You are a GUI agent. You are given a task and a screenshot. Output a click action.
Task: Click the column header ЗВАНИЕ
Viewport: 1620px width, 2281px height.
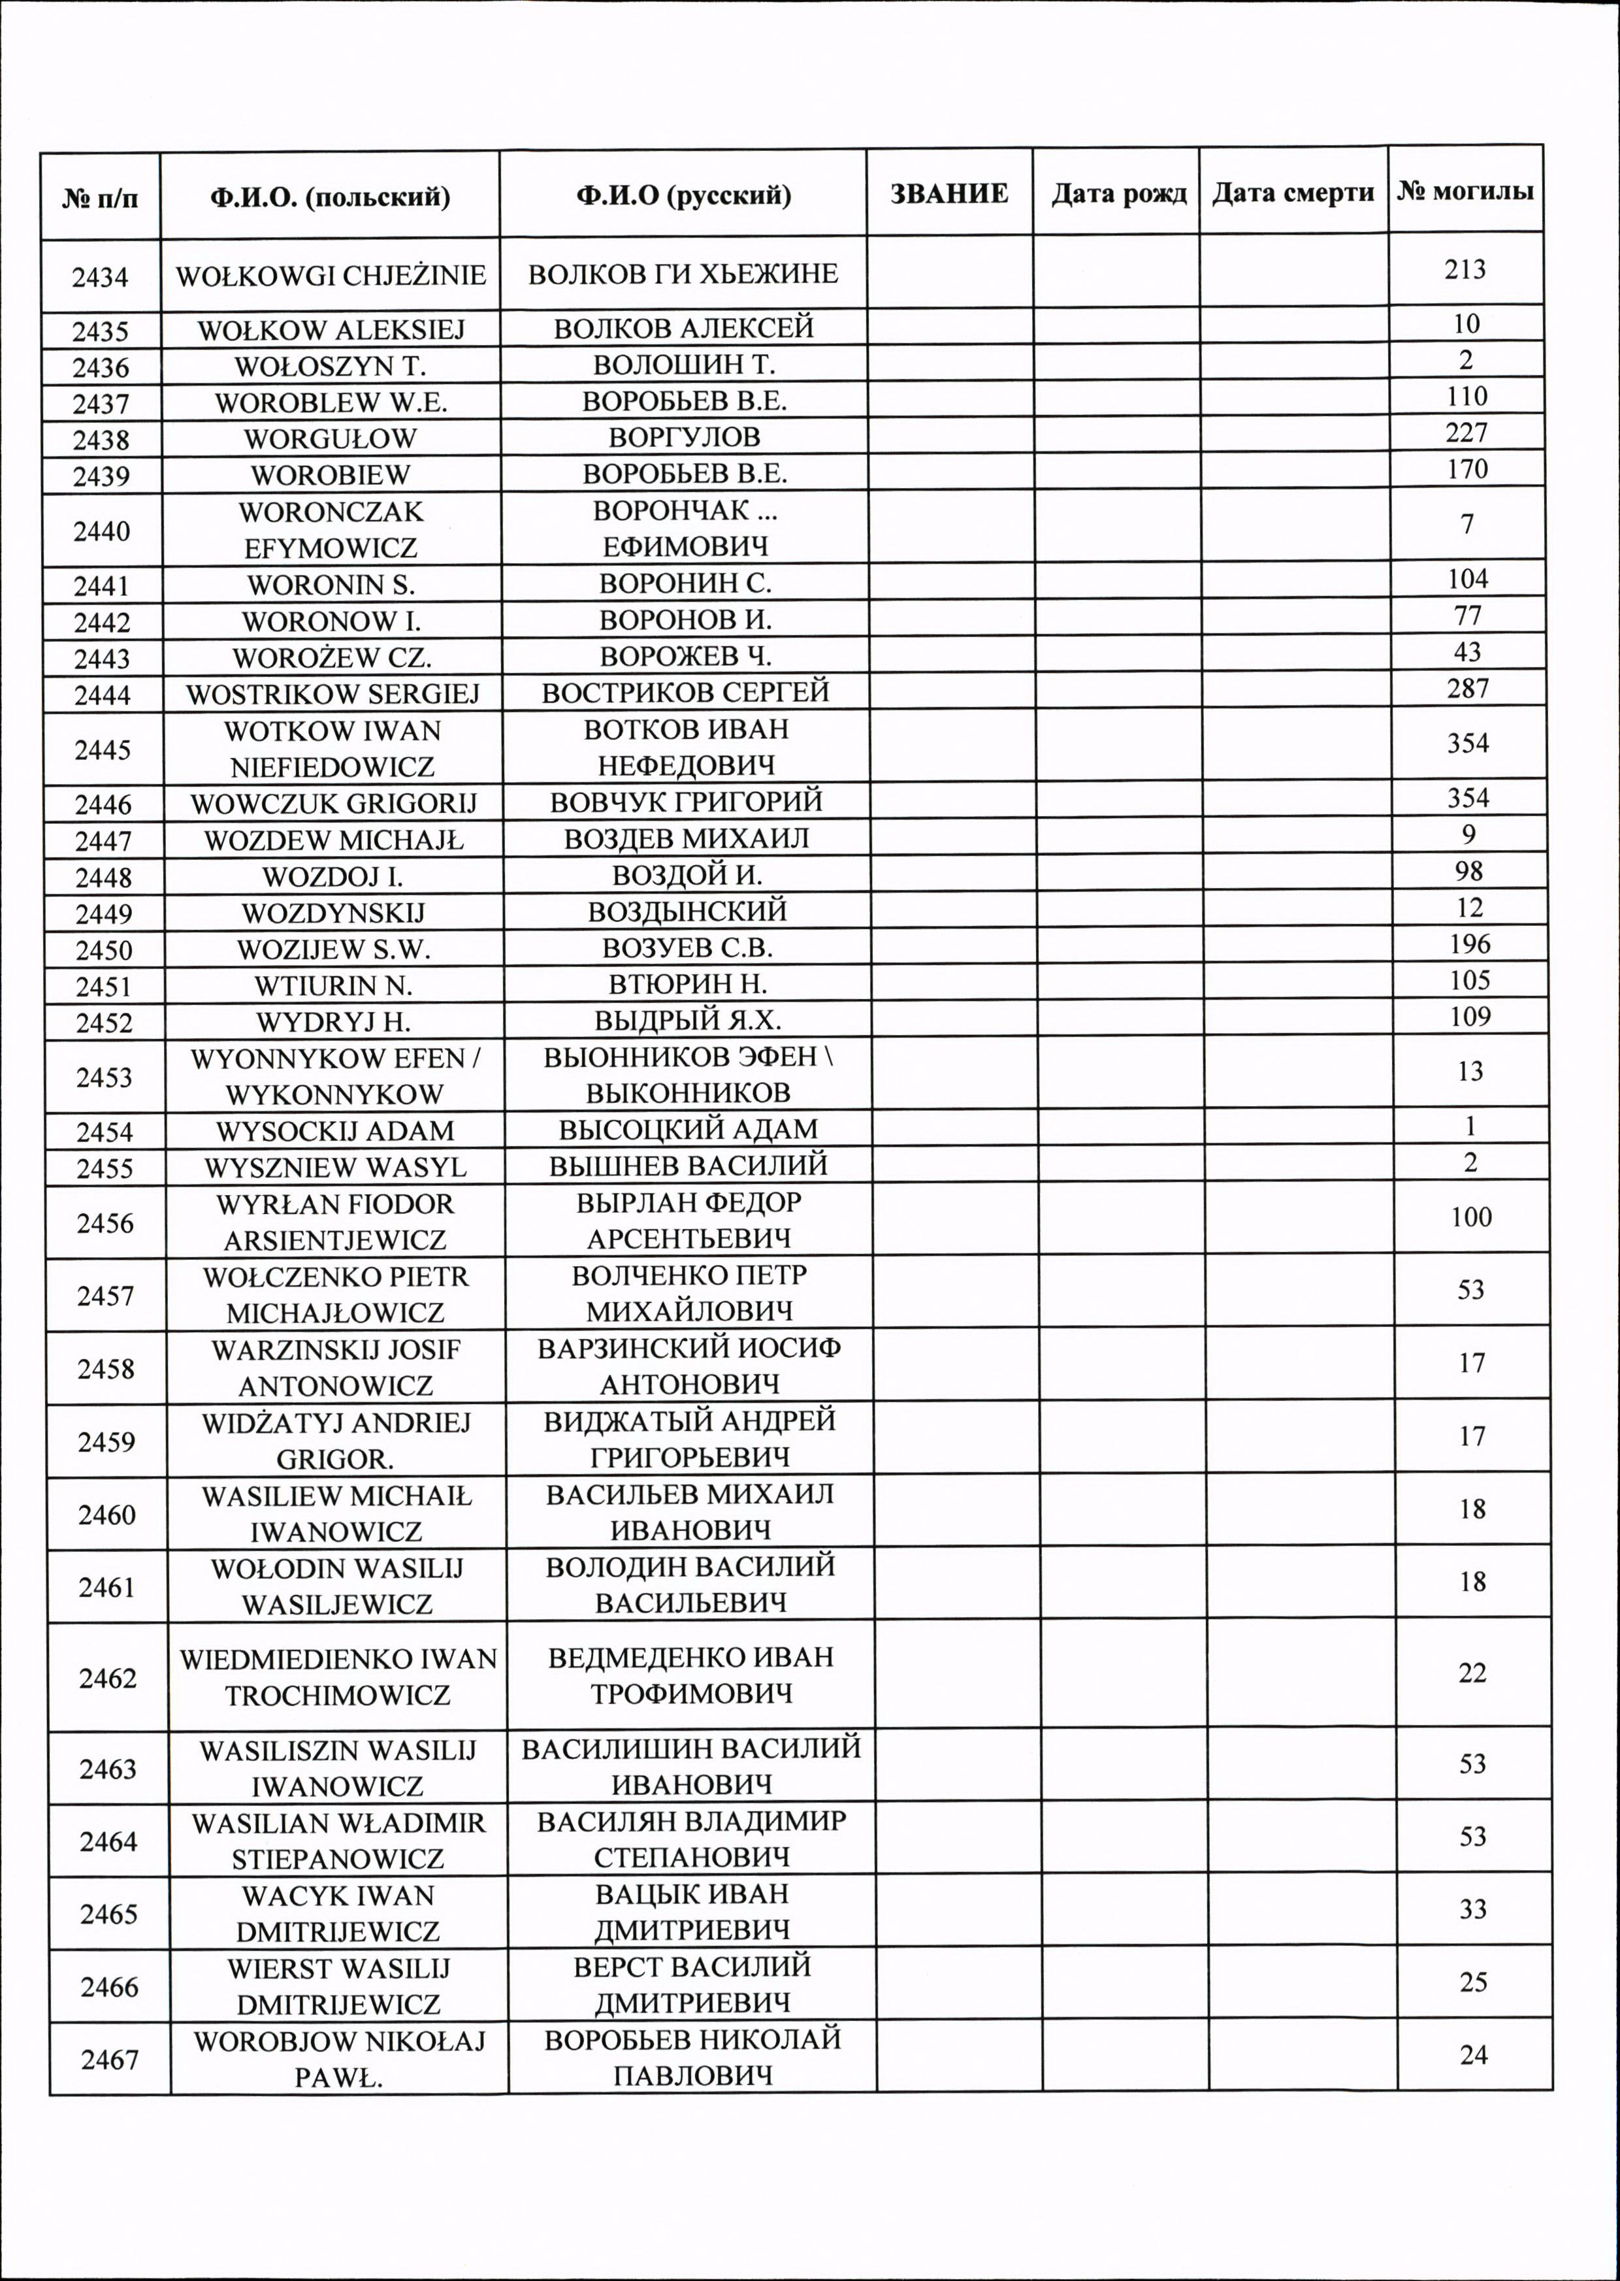pos(948,193)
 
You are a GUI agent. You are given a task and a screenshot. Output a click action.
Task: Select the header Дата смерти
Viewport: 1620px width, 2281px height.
pos(1293,193)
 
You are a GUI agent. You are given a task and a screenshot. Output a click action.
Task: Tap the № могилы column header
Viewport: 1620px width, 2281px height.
pos(1465,191)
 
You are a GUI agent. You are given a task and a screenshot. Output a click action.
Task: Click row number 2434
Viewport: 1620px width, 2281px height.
pos(100,276)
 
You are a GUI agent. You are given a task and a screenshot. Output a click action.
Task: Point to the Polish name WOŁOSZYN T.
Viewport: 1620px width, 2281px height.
pos(330,366)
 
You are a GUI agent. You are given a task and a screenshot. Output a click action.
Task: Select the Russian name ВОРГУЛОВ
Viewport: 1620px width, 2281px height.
pos(685,437)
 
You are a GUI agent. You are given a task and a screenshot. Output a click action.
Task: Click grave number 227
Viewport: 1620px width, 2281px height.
pos(1466,433)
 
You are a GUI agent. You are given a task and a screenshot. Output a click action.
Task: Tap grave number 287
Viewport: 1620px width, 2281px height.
pos(1467,689)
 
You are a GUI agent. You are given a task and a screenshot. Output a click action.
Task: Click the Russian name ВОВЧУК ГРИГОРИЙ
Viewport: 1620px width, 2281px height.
pos(687,801)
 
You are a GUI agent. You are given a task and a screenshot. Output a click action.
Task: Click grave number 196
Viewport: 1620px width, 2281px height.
pos(1469,944)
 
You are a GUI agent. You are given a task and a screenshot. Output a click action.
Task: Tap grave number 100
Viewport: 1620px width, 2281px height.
pos(1471,1217)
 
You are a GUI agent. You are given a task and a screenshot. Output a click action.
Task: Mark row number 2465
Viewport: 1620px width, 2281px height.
pos(108,1914)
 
